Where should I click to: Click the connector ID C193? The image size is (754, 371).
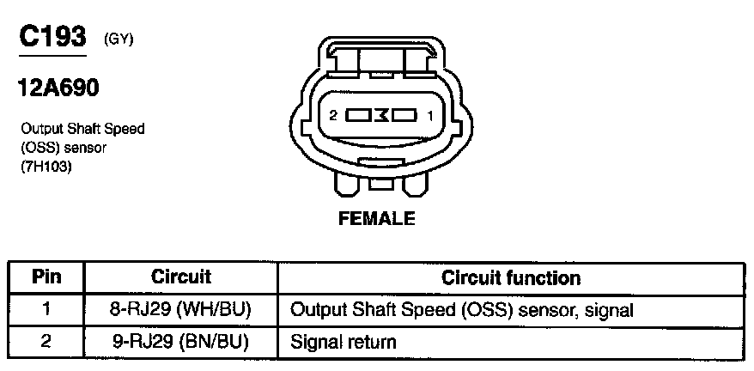coord(52,37)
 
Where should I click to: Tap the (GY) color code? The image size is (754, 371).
coord(118,39)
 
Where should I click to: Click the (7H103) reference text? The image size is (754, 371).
coord(46,167)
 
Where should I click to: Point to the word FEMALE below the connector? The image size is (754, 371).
coord(377,218)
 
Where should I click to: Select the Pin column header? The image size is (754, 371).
coord(46,277)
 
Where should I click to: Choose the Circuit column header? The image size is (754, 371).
coord(181,277)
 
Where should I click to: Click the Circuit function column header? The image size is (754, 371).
coord(510,277)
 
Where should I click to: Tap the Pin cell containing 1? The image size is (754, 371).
coord(46,309)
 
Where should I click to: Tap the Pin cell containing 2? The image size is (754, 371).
coord(46,341)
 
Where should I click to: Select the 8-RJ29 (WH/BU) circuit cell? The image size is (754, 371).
coord(180,309)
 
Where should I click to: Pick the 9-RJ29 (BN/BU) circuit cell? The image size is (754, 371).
coord(180,341)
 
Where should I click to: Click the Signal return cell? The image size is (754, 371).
coord(344,342)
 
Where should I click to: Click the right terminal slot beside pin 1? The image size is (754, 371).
coord(404,113)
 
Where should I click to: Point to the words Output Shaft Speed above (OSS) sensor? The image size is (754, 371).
coord(82,129)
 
